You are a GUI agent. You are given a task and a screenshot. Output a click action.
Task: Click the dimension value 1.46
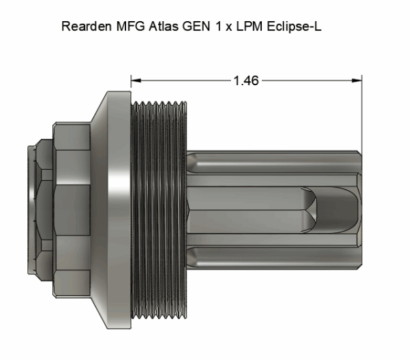tap(245, 80)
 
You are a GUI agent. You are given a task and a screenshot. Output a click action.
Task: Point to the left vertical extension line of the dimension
tap(132, 89)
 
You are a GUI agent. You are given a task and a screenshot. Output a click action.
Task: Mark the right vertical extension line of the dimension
tap(361, 109)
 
